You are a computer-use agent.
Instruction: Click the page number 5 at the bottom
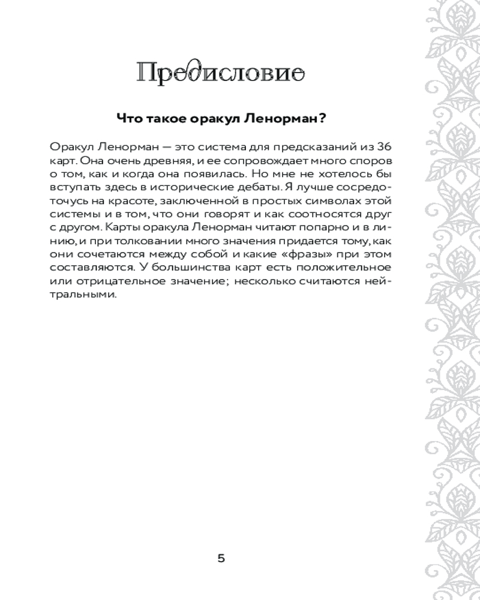coord(221,559)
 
